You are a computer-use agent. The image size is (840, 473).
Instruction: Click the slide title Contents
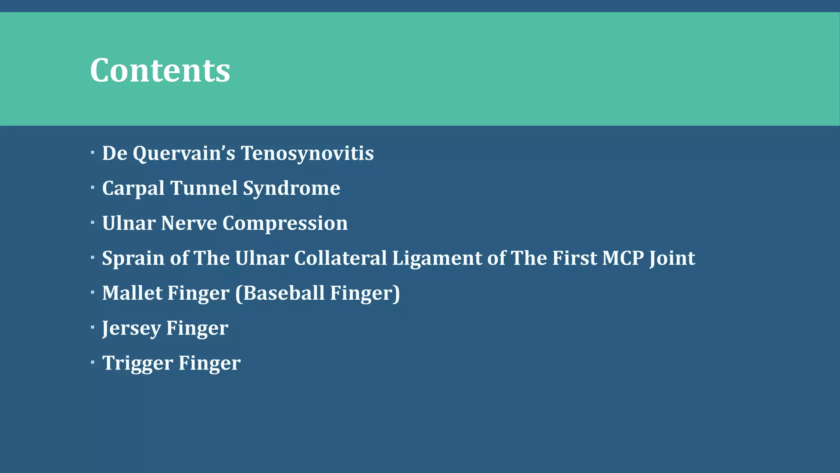(x=160, y=70)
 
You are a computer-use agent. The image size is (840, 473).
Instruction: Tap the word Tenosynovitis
(x=307, y=154)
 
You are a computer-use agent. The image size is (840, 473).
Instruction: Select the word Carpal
(x=133, y=188)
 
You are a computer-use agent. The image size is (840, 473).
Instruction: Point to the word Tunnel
(x=204, y=188)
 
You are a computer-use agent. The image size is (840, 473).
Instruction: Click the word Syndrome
(x=291, y=188)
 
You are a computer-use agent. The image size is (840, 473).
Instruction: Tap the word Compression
(x=285, y=223)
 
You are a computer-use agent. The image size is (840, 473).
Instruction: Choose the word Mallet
(x=132, y=293)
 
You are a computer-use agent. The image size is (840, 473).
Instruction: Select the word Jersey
(x=131, y=328)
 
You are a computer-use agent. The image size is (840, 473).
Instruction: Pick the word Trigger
(x=137, y=363)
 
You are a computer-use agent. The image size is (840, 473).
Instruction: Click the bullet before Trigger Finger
(x=93, y=362)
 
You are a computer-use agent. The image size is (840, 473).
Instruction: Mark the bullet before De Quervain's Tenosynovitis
(x=93, y=153)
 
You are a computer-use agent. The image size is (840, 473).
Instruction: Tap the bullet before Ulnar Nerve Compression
(x=93, y=223)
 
